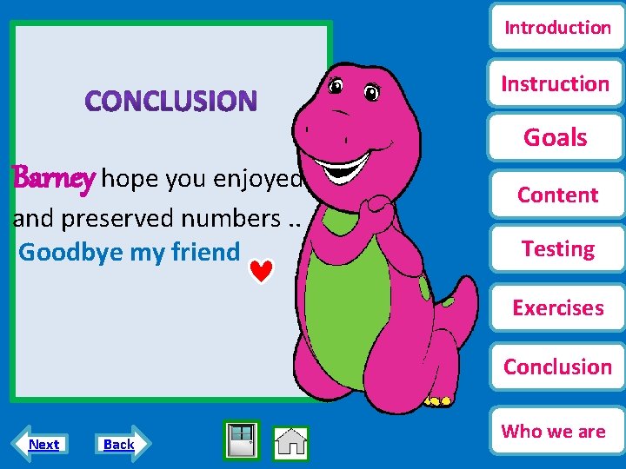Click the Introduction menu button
point(557,28)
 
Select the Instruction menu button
point(556,83)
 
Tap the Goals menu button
point(556,137)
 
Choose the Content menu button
point(557,195)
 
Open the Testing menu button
point(557,249)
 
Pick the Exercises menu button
point(557,308)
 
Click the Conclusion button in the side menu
point(557,367)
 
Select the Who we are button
point(554,431)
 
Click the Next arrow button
point(43,445)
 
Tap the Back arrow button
point(119,445)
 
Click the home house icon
point(291,443)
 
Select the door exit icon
point(242,439)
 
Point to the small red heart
point(262,273)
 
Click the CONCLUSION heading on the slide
point(171,102)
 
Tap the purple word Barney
point(53,179)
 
